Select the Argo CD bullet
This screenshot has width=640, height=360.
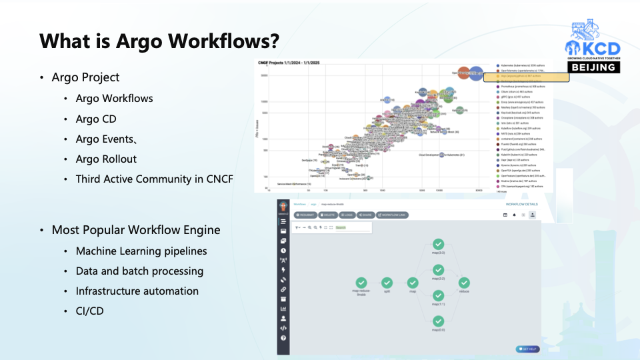point(96,119)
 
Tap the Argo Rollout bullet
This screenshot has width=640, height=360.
point(106,159)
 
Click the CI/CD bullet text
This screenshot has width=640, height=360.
point(89,311)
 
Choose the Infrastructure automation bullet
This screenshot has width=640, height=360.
point(137,291)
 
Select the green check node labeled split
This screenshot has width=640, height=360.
point(386,283)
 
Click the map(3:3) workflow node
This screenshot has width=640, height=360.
point(438,245)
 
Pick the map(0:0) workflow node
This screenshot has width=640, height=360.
point(438,322)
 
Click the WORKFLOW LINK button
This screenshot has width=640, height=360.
point(391,215)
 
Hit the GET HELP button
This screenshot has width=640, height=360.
point(527,349)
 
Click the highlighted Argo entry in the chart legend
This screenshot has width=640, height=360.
point(531,77)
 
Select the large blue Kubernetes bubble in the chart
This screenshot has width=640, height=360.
point(476,74)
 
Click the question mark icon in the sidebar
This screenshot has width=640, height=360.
point(283,338)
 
